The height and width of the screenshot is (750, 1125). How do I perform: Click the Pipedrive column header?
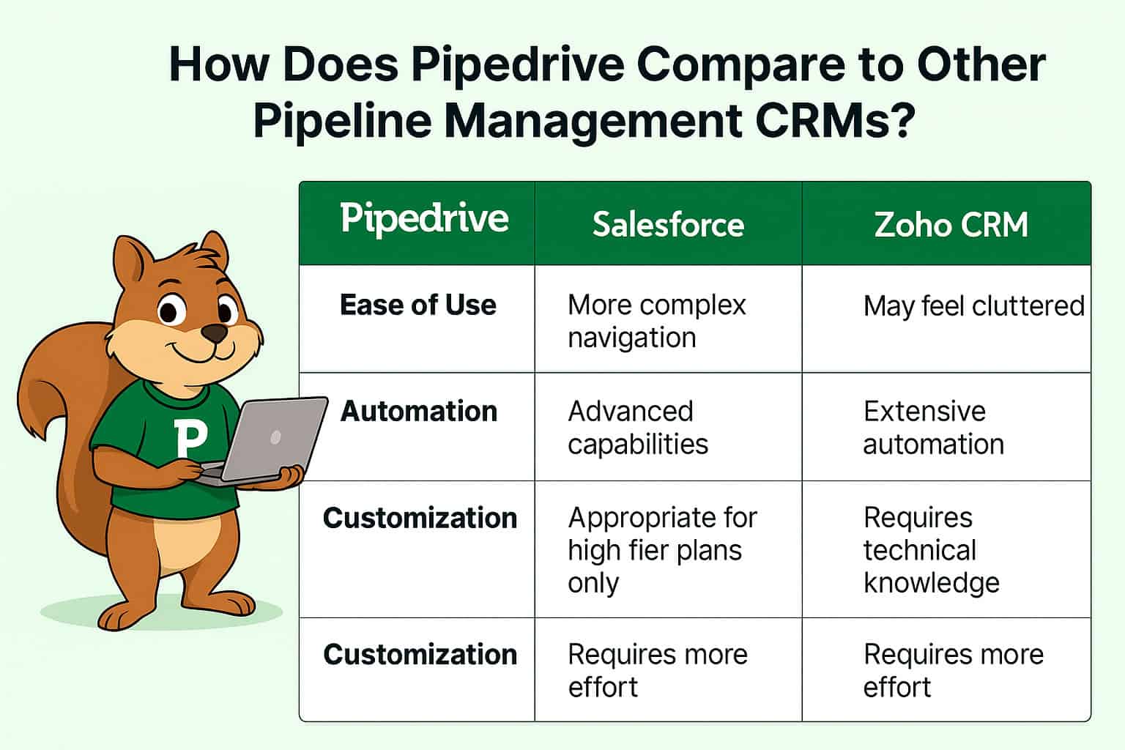[x=424, y=219]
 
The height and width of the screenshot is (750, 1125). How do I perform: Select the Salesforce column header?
[x=668, y=224]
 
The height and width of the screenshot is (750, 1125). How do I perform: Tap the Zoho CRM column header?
[x=951, y=224]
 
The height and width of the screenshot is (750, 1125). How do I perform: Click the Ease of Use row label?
[x=418, y=305]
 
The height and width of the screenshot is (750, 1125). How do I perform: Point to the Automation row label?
[x=419, y=412]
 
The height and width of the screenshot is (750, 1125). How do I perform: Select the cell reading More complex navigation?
[x=656, y=321]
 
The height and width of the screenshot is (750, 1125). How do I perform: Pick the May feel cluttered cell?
[x=973, y=305]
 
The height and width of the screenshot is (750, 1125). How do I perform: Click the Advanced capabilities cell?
[x=637, y=428]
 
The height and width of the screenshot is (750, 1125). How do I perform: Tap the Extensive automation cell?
[x=933, y=428]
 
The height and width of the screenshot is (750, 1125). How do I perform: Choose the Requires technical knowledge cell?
[x=931, y=550]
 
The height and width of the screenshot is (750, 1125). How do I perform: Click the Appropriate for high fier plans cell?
[x=662, y=550]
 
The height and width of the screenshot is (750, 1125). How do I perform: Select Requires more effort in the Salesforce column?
[x=657, y=670]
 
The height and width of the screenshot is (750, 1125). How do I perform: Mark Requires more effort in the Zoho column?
[x=953, y=670]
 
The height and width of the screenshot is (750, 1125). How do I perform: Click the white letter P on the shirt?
[x=190, y=438]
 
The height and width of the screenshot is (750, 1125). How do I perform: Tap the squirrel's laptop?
[x=275, y=439]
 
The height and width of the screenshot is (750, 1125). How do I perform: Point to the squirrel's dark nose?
[x=214, y=334]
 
